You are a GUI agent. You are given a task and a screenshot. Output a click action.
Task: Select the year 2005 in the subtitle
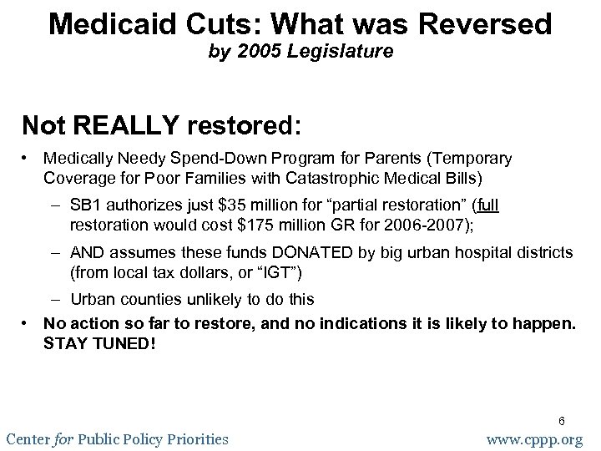tap(252, 55)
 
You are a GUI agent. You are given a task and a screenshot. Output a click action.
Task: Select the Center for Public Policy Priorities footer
tap(116, 438)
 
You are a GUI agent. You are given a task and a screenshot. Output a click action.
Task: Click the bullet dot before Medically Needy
tap(28, 158)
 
